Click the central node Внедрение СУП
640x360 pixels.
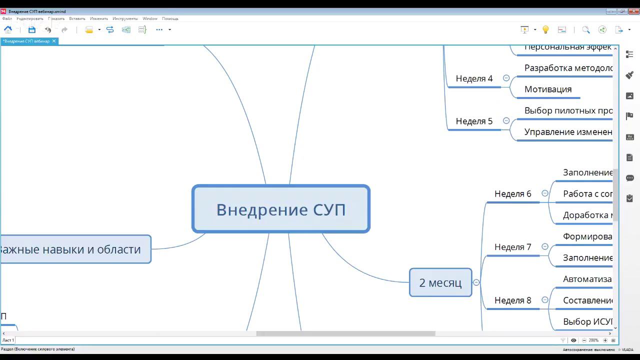point(280,209)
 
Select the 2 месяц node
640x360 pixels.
point(440,282)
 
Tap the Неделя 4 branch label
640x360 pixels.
point(474,78)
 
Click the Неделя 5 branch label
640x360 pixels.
point(474,121)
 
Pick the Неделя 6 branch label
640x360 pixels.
point(512,193)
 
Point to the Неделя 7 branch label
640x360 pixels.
point(512,247)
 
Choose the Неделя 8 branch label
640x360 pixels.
point(512,300)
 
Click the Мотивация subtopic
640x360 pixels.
point(547,89)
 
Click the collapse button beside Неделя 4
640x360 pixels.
point(506,78)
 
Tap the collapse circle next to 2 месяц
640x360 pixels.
point(476,282)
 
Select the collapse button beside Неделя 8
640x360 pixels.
point(545,300)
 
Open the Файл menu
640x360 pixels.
point(7,18)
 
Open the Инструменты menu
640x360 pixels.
point(125,18)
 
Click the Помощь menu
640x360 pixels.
point(170,18)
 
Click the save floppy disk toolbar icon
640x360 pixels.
point(32,30)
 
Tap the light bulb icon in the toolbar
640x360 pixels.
point(545,30)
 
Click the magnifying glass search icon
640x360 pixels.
point(586,30)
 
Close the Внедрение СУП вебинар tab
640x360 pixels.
point(54,41)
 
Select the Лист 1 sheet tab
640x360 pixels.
point(8,340)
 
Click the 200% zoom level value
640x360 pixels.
point(593,340)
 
